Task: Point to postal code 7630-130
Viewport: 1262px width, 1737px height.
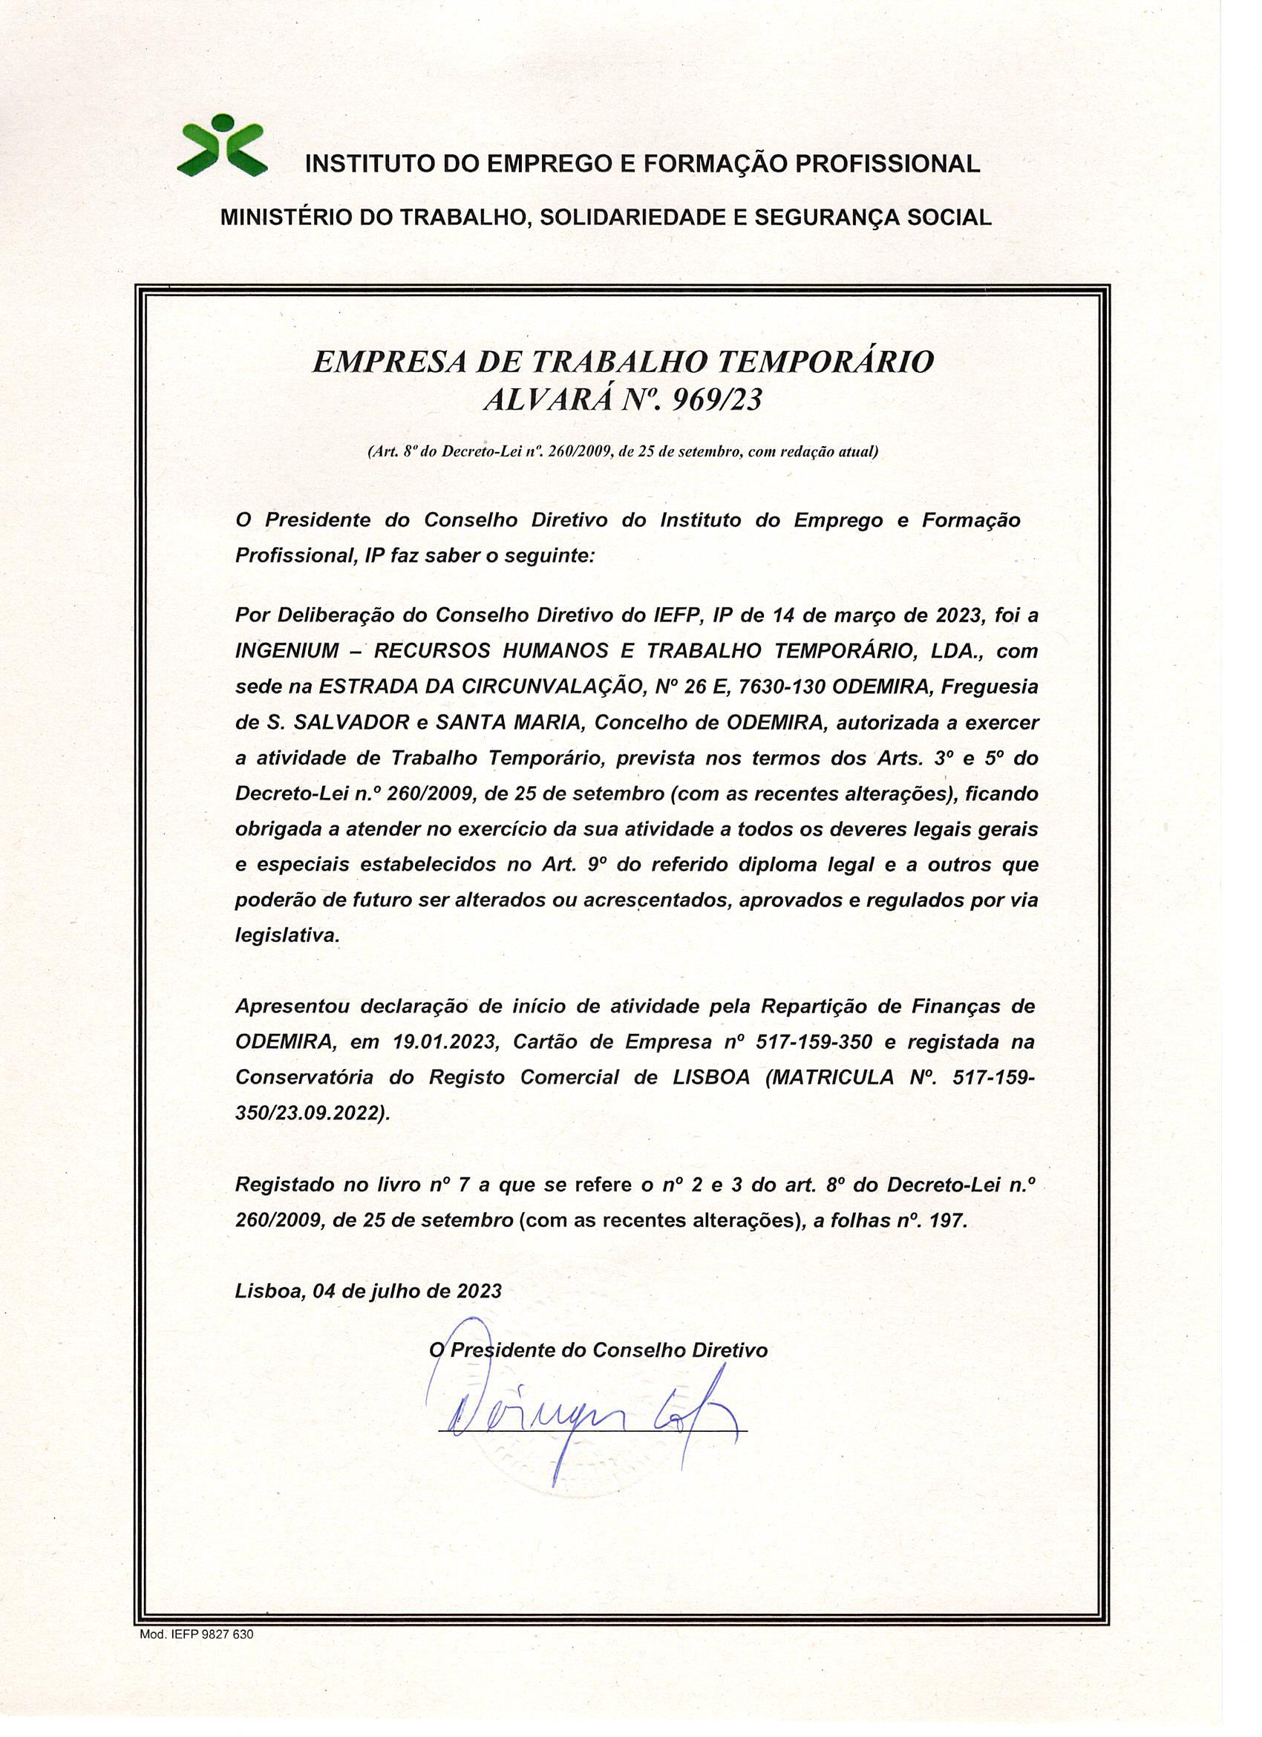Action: coord(781,687)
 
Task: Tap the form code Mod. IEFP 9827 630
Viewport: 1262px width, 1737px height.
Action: coord(196,1635)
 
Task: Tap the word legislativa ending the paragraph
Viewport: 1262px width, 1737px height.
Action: coord(287,936)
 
